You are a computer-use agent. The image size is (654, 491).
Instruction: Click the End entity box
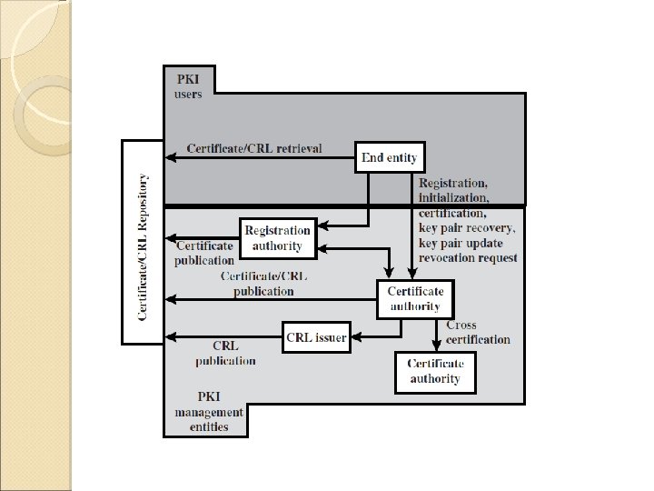[x=390, y=157]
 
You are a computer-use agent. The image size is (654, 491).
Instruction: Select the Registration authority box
[x=278, y=237]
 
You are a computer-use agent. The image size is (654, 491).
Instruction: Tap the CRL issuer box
[x=315, y=337]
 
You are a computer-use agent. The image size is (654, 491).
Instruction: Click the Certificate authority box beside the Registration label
[x=415, y=298]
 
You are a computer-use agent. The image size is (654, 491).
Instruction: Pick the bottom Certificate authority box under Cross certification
[x=434, y=371]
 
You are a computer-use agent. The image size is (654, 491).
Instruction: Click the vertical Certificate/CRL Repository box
[x=143, y=243]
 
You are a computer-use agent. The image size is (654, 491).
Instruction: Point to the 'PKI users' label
[x=189, y=86]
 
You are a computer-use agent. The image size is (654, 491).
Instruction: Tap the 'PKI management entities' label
[x=208, y=412]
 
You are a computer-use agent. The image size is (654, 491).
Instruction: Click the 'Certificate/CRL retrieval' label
[x=253, y=148]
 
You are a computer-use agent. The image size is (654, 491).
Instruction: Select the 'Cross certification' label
[x=478, y=332]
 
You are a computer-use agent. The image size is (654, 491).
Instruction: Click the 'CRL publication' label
[x=225, y=354]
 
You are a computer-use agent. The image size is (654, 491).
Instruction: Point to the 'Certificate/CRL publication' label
[x=263, y=283]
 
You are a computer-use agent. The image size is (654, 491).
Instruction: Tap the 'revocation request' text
[x=468, y=258]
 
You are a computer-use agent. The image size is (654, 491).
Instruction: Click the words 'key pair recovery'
[x=467, y=227]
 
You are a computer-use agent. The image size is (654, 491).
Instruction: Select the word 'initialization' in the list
[x=453, y=197]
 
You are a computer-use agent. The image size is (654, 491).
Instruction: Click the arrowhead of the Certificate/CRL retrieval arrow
[x=171, y=158]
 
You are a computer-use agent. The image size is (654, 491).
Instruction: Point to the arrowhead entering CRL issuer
[x=355, y=337]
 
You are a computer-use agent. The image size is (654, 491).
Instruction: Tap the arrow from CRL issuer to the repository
[x=227, y=337]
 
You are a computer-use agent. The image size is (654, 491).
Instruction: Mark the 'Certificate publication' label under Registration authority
[x=204, y=253]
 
